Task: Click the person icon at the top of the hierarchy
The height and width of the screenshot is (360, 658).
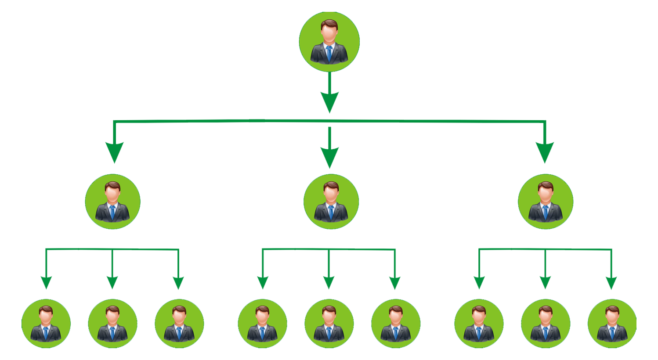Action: (x=329, y=42)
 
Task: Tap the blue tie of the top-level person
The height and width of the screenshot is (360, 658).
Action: (x=329, y=54)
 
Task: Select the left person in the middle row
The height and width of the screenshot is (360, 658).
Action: (x=113, y=202)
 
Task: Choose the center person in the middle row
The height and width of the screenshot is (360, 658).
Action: (x=331, y=202)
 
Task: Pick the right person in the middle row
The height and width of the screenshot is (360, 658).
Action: (x=546, y=202)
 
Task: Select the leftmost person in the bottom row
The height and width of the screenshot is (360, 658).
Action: (x=46, y=324)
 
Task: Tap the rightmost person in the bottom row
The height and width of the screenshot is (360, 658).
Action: (x=612, y=324)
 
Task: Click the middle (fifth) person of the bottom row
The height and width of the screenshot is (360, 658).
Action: (x=329, y=324)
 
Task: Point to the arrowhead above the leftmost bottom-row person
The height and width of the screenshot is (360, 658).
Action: (x=46, y=281)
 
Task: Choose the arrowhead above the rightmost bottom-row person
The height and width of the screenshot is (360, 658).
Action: (x=611, y=281)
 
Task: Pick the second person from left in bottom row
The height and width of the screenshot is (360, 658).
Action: (x=112, y=324)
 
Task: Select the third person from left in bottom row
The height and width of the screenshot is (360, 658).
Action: (x=179, y=324)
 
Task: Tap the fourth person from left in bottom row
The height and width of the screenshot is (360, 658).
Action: (x=262, y=324)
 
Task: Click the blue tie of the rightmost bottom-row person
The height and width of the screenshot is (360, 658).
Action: (x=612, y=334)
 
